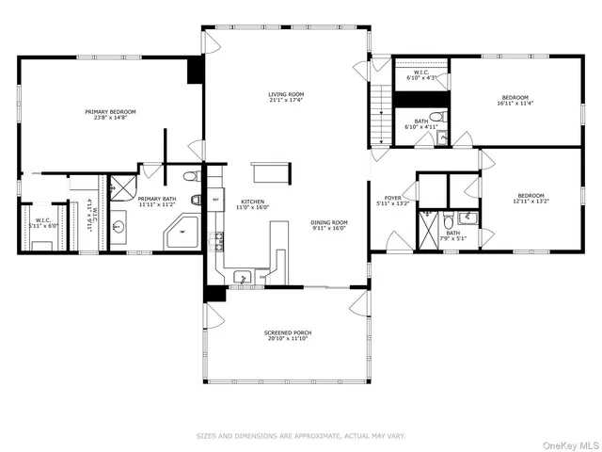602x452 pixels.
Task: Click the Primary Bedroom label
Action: click(110, 112)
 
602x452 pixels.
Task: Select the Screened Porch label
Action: click(287, 332)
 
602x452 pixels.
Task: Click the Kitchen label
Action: click(250, 201)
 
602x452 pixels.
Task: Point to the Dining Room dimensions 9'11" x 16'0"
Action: click(329, 228)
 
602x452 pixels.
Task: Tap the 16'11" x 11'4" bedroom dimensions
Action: click(515, 104)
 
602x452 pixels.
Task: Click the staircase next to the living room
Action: click(379, 114)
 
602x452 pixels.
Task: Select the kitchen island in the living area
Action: click(268, 172)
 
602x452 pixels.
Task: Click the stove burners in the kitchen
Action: click(220, 241)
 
